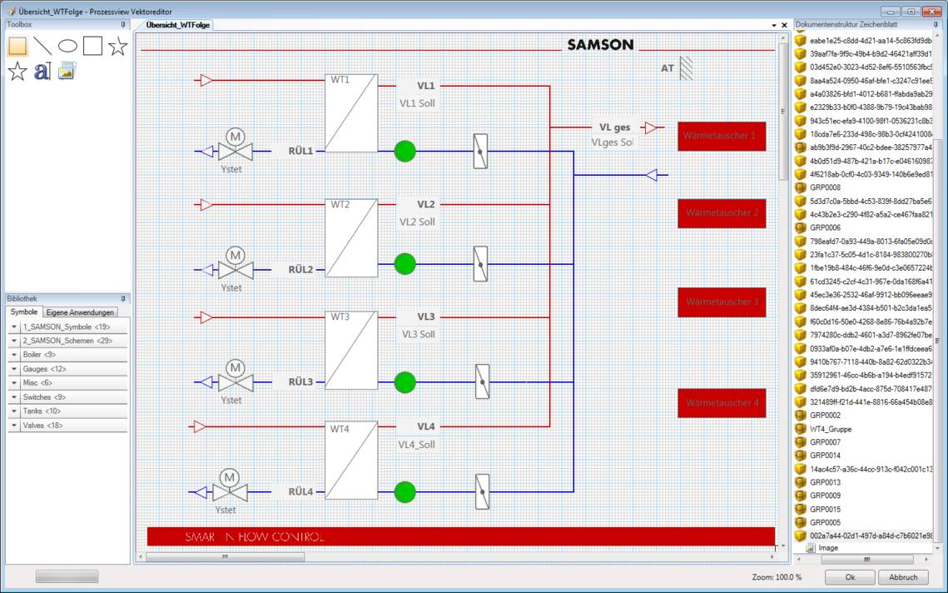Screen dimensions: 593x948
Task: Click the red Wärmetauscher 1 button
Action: pos(721,136)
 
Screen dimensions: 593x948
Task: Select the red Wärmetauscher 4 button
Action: pos(721,403)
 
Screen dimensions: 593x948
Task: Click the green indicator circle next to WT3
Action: pos(405,382)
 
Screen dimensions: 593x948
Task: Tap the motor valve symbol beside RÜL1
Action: pos(235,146)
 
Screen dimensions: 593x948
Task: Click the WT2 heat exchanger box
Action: pos(351,238)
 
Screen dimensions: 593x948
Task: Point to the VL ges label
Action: pos(614,127)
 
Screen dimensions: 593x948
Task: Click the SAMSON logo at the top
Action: pos(600,45)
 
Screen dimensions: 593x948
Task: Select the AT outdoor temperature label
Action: pos(668,68)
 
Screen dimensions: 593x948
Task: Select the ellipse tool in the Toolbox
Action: pos(67,46)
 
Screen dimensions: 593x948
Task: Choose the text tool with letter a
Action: pos(42,72)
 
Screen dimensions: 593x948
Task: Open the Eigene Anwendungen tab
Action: pos(80,312)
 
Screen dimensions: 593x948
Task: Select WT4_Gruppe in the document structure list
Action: pos(830,429)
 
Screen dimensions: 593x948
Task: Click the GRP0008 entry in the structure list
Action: pos(825,187)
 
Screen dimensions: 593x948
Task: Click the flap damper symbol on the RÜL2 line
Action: pos(480,263)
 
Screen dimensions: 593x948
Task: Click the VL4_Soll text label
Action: pos(416,445)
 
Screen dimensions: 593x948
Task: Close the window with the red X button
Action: pos(931,11)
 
